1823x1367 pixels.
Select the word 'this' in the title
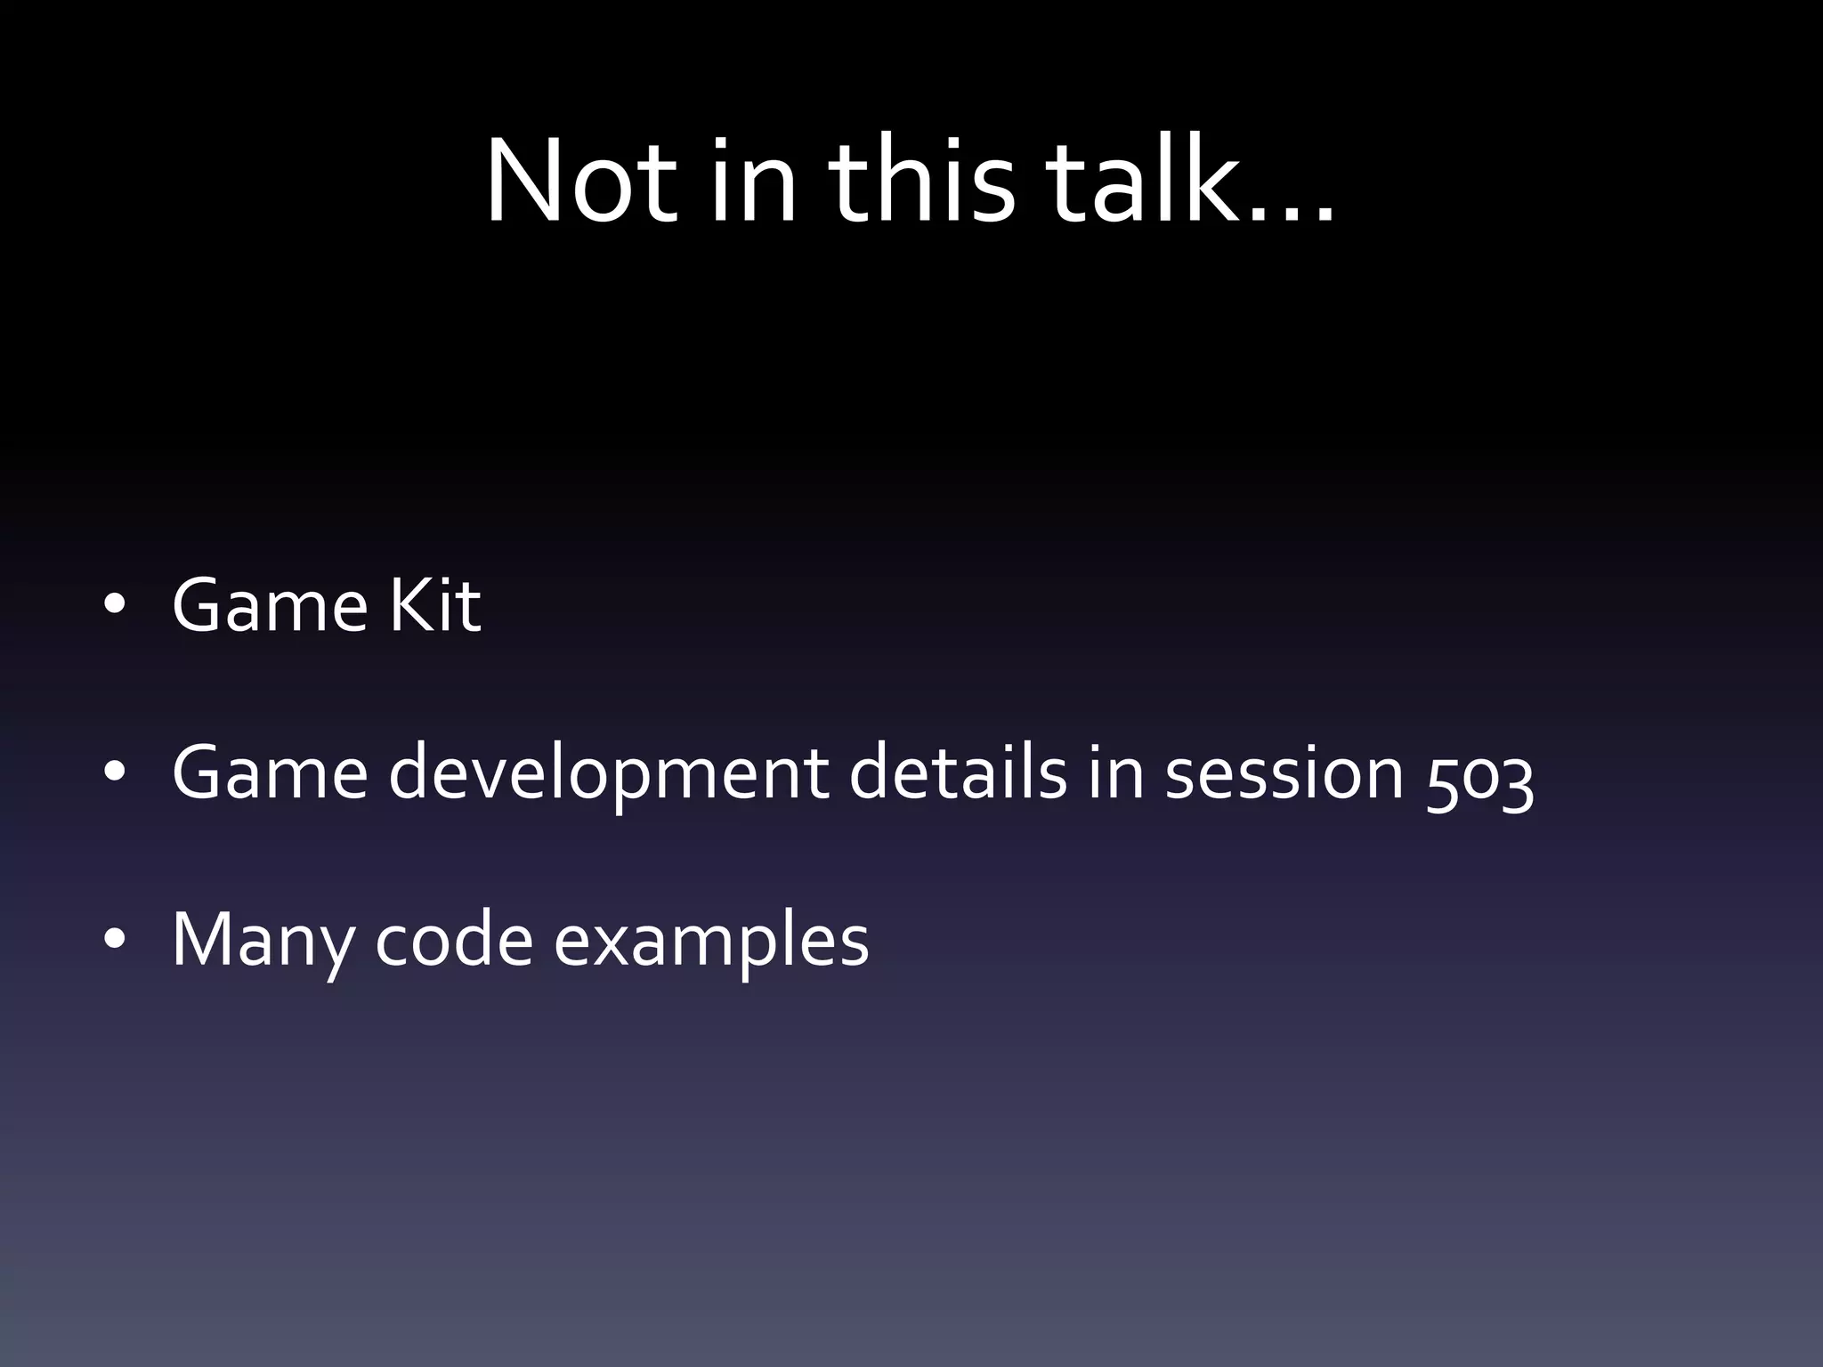[921, 182]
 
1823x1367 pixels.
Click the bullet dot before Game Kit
[113, 605]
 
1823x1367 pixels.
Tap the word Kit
[435, 606]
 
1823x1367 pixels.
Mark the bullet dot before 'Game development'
[113, 772]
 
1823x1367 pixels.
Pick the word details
[958, 772]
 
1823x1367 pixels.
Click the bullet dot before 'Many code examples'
[113, 940]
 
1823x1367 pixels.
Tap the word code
[454, 940]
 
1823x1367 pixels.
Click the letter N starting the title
[525, 182]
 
